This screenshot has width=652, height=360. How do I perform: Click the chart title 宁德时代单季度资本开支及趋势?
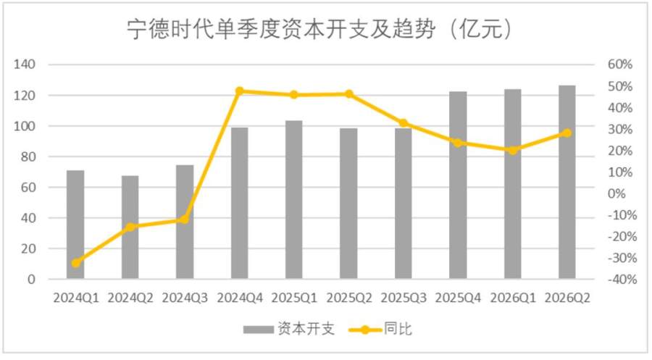click(x=281, y=29)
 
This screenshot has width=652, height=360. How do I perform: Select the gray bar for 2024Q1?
click(x=75, y=225)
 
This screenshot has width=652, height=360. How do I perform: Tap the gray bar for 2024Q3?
click(x=185, y=222)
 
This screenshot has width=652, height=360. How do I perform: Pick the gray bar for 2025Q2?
click(x=348, y=204)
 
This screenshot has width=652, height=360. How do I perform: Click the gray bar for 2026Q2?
click(x=567, y=182)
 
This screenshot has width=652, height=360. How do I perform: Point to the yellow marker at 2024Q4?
click(x=240, y=91)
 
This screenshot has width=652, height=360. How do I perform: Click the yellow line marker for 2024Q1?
click(x=75, y=263)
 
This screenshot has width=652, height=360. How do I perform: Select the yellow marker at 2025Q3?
click(x=404, y=123)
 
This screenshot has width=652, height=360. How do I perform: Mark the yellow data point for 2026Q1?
click(x=513, y=150)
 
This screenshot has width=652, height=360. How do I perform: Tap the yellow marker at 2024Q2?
click(x=130, y=227)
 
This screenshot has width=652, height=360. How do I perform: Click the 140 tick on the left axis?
click(x=24, y=64)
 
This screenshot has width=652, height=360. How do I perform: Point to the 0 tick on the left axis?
click(x=31, y=280)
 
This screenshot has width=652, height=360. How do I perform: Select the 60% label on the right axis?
click(x=620, y=64)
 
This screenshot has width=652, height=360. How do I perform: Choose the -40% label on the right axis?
click(x=622, y=280)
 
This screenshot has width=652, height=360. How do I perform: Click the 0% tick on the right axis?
click(x=617, y=193)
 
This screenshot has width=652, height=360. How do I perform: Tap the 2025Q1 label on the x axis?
click(x=294, y=298)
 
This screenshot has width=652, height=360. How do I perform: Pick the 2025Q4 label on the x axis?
click(x=458, y=298)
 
